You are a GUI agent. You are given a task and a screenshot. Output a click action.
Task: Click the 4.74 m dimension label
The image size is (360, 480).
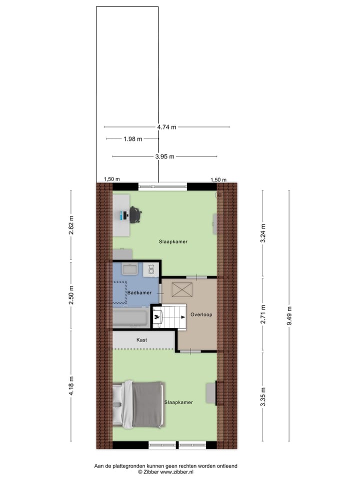click(x=167, y=127)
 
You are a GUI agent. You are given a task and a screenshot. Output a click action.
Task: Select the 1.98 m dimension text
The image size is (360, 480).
click(x=133, y=139)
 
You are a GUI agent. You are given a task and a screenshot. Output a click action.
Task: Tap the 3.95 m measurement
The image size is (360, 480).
click(x=165, y=156)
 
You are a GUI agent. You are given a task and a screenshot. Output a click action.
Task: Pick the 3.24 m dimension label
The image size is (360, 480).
click(x=263, y=232)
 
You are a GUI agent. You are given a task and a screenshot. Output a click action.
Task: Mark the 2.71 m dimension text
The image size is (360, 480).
click(x=263, y=314)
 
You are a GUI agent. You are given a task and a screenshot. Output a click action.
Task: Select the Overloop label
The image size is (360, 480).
click(x=201, y=315)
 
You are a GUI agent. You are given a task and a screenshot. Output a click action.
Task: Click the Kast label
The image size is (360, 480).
click(x=142, y=340)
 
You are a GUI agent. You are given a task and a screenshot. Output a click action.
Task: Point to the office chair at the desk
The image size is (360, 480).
click(x=135, y=215)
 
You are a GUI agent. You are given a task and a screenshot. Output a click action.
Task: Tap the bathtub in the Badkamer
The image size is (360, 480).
click(x=130, y=317)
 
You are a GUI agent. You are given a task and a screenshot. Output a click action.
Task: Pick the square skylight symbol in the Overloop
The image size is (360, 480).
click(x=181, y=289)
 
